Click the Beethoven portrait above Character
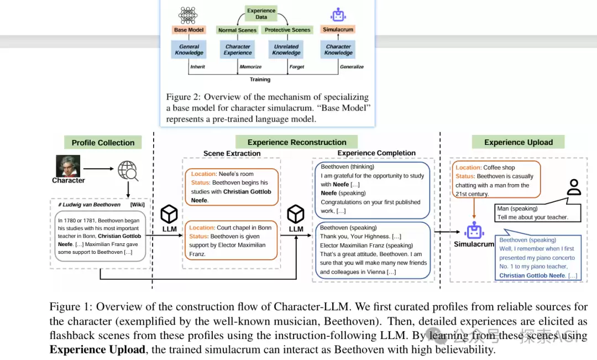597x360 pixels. point(68,166)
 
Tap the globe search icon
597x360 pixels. point(128,171)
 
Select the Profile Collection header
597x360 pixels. point(103,143)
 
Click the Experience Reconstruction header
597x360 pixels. point(297,142)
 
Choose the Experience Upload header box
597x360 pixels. point(518,142)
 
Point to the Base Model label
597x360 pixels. point(189,30)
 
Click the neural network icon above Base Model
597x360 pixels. point(188,15)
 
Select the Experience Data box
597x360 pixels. point(261,14)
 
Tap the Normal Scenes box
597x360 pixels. point(237,30)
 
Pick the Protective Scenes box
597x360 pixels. point(287,30)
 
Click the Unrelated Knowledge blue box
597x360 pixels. point(286,50)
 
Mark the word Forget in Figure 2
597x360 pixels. point(297,67)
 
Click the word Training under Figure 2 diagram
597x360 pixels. point(260,79)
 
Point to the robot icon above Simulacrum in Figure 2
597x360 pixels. point(338,15)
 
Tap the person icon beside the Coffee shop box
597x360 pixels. point(574,187)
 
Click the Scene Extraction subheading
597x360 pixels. point(232,153)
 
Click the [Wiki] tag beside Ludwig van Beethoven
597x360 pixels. point(138,205)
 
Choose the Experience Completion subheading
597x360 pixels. point(376,153)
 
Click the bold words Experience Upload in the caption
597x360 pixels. point(97,349)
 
